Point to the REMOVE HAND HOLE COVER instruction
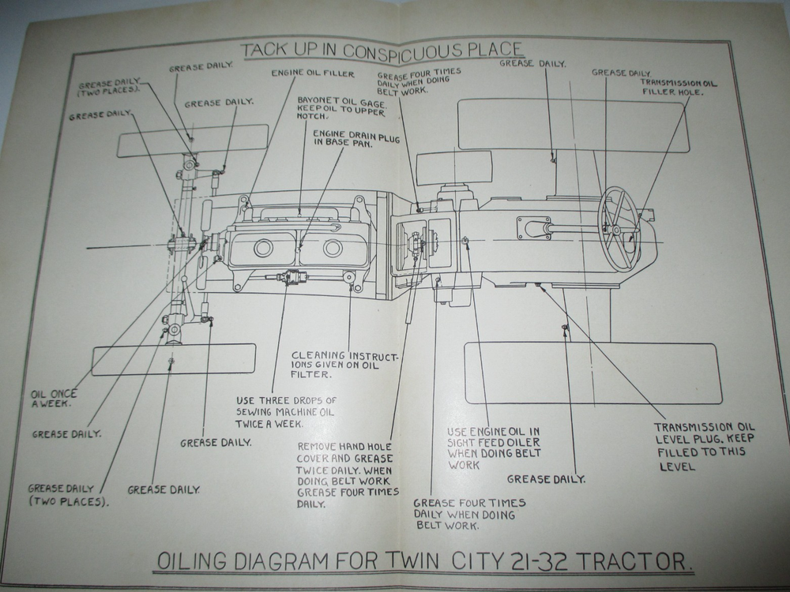(x=344, y=474)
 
